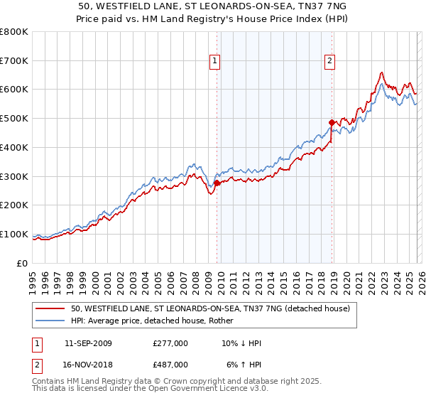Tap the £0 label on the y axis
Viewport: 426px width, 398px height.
21,263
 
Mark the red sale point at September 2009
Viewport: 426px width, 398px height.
217,183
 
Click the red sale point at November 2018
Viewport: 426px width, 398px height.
332,122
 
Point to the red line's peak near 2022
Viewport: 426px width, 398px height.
382,72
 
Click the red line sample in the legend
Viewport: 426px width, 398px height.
51,309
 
